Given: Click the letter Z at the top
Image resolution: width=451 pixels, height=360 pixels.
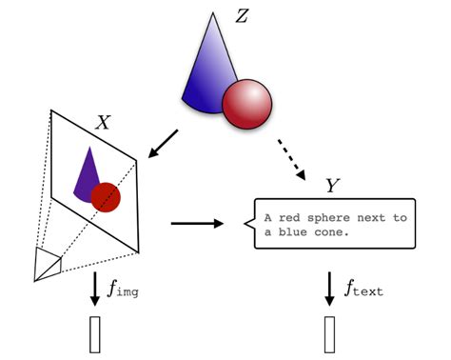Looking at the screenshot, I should pos(242,17).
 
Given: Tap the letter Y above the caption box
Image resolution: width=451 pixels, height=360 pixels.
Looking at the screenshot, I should pos(331,183).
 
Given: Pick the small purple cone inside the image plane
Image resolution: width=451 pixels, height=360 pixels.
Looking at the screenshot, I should pos(87,173).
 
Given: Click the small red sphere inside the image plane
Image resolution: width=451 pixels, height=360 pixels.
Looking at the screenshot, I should pos(106,197).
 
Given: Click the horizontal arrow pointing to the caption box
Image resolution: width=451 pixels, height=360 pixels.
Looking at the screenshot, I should pos(197,224).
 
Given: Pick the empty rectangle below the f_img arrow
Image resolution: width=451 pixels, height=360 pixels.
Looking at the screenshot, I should pos(94,335).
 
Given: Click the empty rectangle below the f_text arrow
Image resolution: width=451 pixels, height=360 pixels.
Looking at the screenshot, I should pos(329,335).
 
